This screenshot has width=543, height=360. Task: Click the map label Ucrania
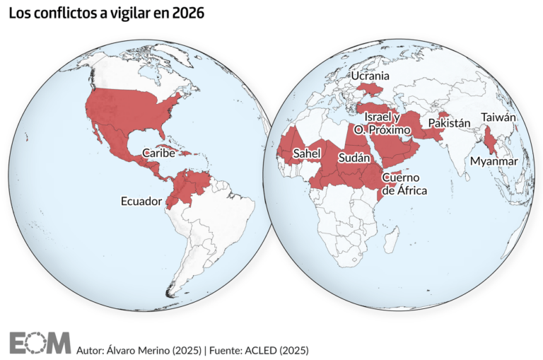(x=371, y=75)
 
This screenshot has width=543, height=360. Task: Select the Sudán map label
(x=354, y=158)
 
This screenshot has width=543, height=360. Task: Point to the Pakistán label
(x=449, y=123)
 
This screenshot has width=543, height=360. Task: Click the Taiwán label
(x=498, y=117)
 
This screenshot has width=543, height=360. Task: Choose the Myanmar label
(x=494, y=161)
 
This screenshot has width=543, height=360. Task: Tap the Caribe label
(x=159, y=152)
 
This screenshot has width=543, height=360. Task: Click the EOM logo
(x=40, y=342)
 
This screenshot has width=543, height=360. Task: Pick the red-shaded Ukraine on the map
(x=370, y=89)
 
